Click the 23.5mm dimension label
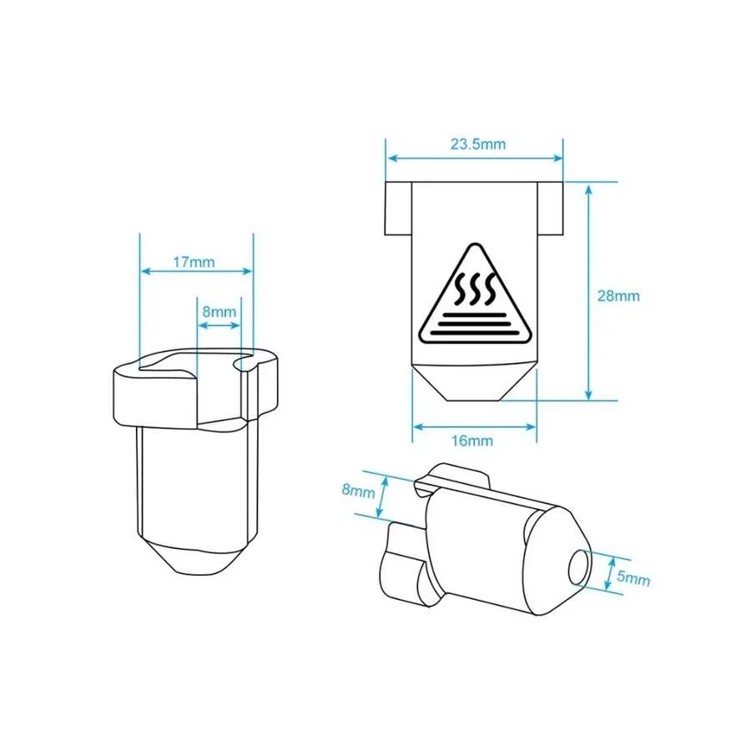click(478, 144)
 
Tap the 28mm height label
click(618, 296)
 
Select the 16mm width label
click(472, 441)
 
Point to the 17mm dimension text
click(194, 262)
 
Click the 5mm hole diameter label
click(633, 578)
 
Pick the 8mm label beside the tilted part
click(358, 491)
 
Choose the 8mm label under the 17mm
click(219, 312)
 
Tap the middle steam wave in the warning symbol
click(475, 290)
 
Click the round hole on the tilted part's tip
click(580, 567)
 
